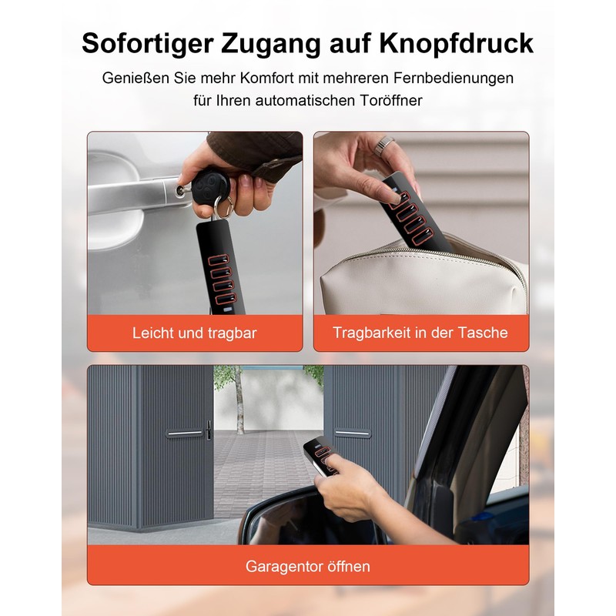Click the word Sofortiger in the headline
pos(147,44)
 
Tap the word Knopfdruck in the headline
pos(456,44)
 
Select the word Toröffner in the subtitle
pos(391,100)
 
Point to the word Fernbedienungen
pos(454,79)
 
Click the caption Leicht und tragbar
pos(195,333)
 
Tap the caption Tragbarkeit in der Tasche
pos(420,333)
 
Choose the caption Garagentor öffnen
pos(308,566)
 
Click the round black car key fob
pos(211,186)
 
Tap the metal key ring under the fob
pos(223,208)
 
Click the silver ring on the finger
pos(384,146)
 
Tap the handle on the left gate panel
pos(185,434)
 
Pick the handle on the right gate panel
pos(353,433)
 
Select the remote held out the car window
pos(320,456)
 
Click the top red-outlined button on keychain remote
pos(218,260)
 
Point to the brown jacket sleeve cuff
pos(256,156)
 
